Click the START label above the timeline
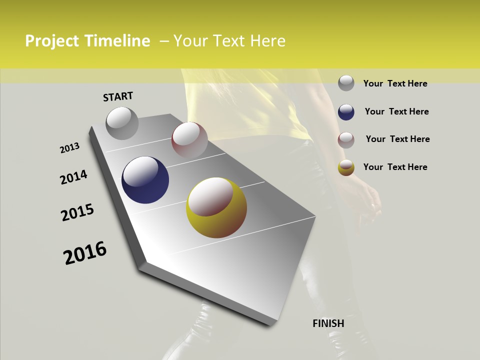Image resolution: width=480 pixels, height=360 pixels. pos(118,96)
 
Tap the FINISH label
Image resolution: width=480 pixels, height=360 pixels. pos(328,323)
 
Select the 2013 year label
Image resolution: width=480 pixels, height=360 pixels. pos(70,148)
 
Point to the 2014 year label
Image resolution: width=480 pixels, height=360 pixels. pos(73,177)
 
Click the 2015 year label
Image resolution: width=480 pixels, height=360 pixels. pos(77,213)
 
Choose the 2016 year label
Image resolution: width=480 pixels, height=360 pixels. pos(85,253)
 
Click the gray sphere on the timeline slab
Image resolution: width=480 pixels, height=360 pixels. pos(122,123)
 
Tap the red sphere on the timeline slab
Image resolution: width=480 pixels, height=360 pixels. pos(189,140)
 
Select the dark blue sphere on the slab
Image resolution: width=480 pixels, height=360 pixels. pos(145,180)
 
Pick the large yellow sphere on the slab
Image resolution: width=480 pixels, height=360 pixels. pos(216,207)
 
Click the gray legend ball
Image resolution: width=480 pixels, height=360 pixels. pos(346,83)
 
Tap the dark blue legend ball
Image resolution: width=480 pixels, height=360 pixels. pos(346,111)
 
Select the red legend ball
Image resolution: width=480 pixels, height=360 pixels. pos(346,139)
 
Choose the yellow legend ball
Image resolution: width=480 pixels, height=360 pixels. pos(346,167)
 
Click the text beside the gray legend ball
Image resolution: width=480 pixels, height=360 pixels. pos(395,83)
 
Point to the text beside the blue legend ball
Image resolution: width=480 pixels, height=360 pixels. pos(396,111)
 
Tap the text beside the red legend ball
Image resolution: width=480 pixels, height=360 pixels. pos(397,139)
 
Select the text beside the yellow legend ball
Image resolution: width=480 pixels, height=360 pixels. pos(395,167)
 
